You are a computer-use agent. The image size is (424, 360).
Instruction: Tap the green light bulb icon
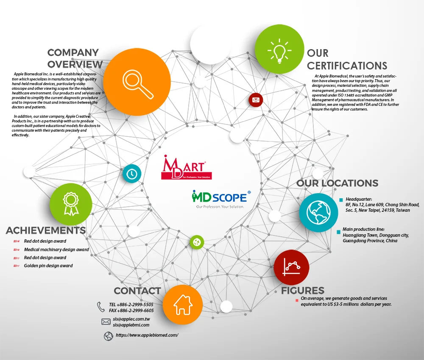tap(279, 50)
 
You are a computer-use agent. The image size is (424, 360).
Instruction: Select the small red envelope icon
tap(256, 100)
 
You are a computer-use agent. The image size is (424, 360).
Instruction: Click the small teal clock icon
tap(132, 173)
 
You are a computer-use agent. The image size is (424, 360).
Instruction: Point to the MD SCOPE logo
tap(221, 199)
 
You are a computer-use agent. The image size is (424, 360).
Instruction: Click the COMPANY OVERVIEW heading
tap(75, 58)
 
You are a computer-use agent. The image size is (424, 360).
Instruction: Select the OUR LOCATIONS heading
tap(337, 183)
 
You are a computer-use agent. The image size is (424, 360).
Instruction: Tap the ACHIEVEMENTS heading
tap(46, 230)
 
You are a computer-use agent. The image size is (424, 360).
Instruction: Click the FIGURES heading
tap(302, 291)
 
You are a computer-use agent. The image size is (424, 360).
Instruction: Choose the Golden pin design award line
tap(48, 266)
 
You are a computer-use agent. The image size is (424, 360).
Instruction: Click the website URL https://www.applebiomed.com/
tap(147, 335)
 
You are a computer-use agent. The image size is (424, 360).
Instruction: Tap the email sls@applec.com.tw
tap(131, 319)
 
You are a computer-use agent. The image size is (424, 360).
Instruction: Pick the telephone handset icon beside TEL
tap(101, 307)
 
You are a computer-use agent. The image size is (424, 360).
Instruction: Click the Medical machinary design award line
tap(56, 249)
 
